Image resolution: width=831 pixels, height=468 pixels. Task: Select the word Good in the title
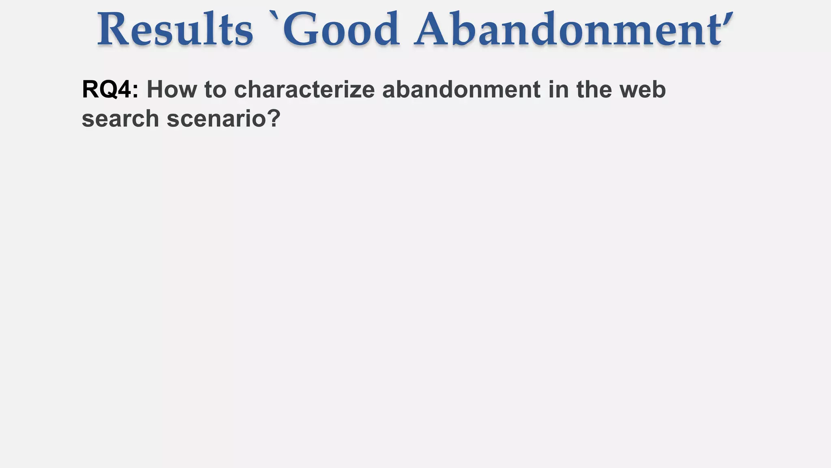[x=341, y=29]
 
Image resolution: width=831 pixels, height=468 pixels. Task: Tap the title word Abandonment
[x=568, y=29]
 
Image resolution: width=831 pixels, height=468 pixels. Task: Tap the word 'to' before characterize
[x=215, y=89]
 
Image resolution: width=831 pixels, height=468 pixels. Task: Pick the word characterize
[x=304, y=89]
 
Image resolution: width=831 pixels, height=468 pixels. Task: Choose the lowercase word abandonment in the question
[x=461, y=89]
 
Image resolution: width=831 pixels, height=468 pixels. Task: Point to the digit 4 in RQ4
[x=123, y=89]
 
